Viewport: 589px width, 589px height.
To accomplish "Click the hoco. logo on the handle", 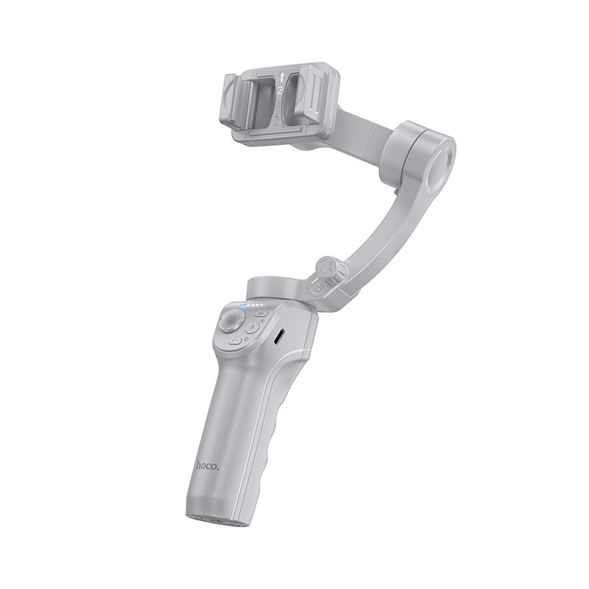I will (208, 465).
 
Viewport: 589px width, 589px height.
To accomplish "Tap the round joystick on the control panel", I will (230, 323).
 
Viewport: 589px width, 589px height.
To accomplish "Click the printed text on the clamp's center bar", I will (278, 110).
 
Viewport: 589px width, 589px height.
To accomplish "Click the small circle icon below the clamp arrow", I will (281, 89).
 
